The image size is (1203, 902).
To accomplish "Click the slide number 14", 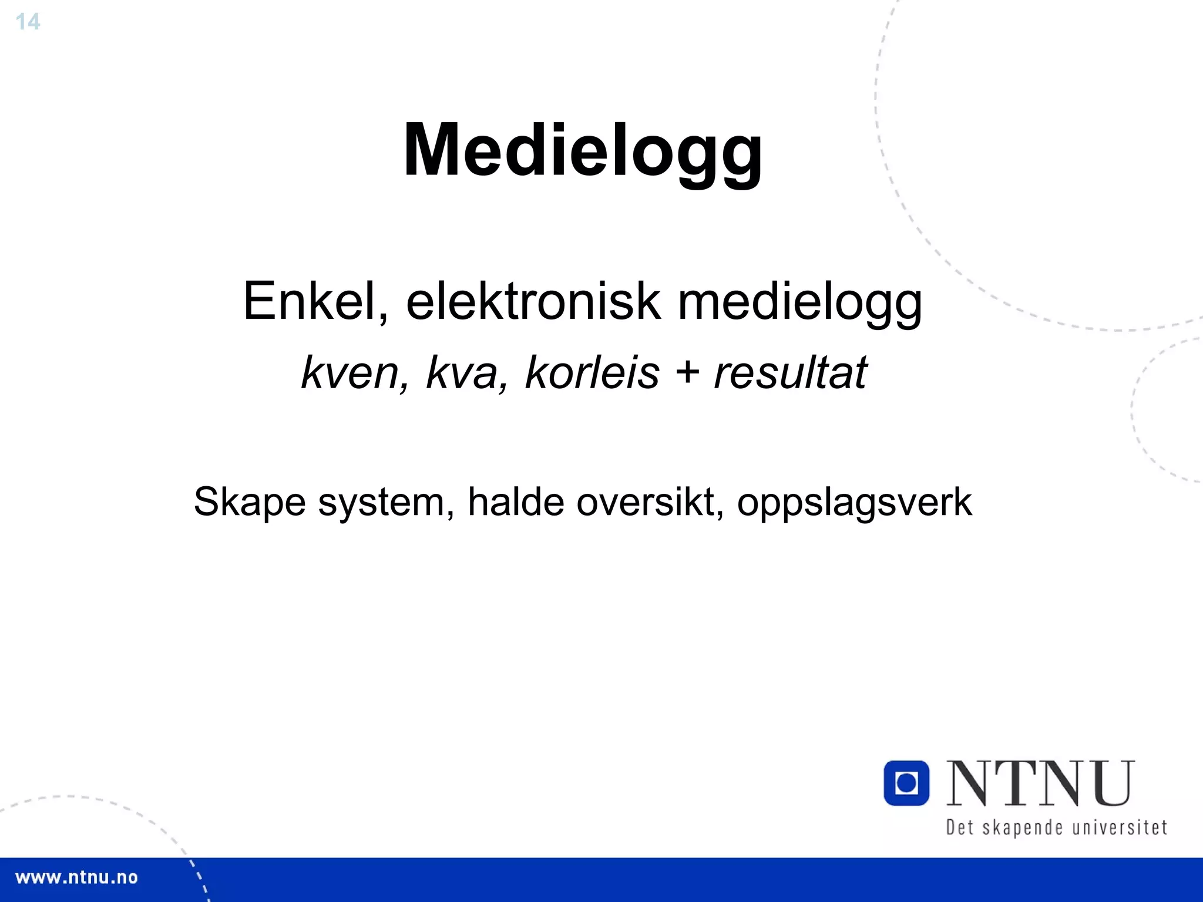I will tap(28, 22).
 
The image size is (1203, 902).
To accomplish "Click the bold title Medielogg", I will tap(583, 150).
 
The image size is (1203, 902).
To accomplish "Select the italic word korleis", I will tap(592, 373).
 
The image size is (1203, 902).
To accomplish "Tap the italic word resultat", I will tap(790, 373).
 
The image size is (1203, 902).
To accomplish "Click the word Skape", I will tap(250, 503).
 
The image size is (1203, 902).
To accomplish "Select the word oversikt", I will tap(650, 502).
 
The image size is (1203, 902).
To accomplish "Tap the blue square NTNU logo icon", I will tap(906, 783).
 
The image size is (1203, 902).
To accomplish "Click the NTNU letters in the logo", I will tap(1040, 784).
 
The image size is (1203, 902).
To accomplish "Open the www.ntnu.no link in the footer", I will tap(76, 878).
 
